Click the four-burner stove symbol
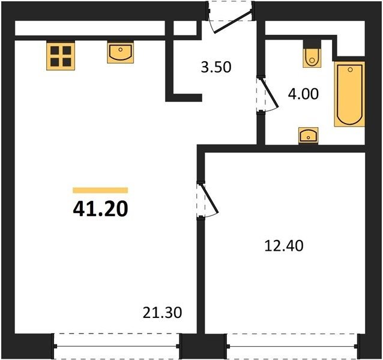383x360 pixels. (x=61, y=56)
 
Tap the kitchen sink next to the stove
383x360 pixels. (x=121, y=53)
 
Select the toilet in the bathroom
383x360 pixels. (x=312, y=58)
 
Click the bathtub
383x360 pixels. (x=349, y=94)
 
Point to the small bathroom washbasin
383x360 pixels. (x=308, y=136)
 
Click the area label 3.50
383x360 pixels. (x=216, y=67)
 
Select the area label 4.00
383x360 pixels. (x=303, y=94)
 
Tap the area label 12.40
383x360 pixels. (x=284, y=245)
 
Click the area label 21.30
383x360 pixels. (x=162, y=313)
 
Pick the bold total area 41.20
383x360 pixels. (x=100, y=209)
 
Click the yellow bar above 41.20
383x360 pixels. (x=100, y=190)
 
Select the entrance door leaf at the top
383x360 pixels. (x=233, y=21)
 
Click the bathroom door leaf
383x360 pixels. (x=270, y=93)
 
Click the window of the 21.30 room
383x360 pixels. (x=116, y=346)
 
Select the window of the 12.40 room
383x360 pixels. (x=292, y=346)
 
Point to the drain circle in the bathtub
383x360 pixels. (x=350, y=70)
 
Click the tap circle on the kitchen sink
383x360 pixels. (x=120, y=50)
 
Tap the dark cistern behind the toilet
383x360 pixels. (x=312, y=44)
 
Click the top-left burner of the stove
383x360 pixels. (x=55, y=50)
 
